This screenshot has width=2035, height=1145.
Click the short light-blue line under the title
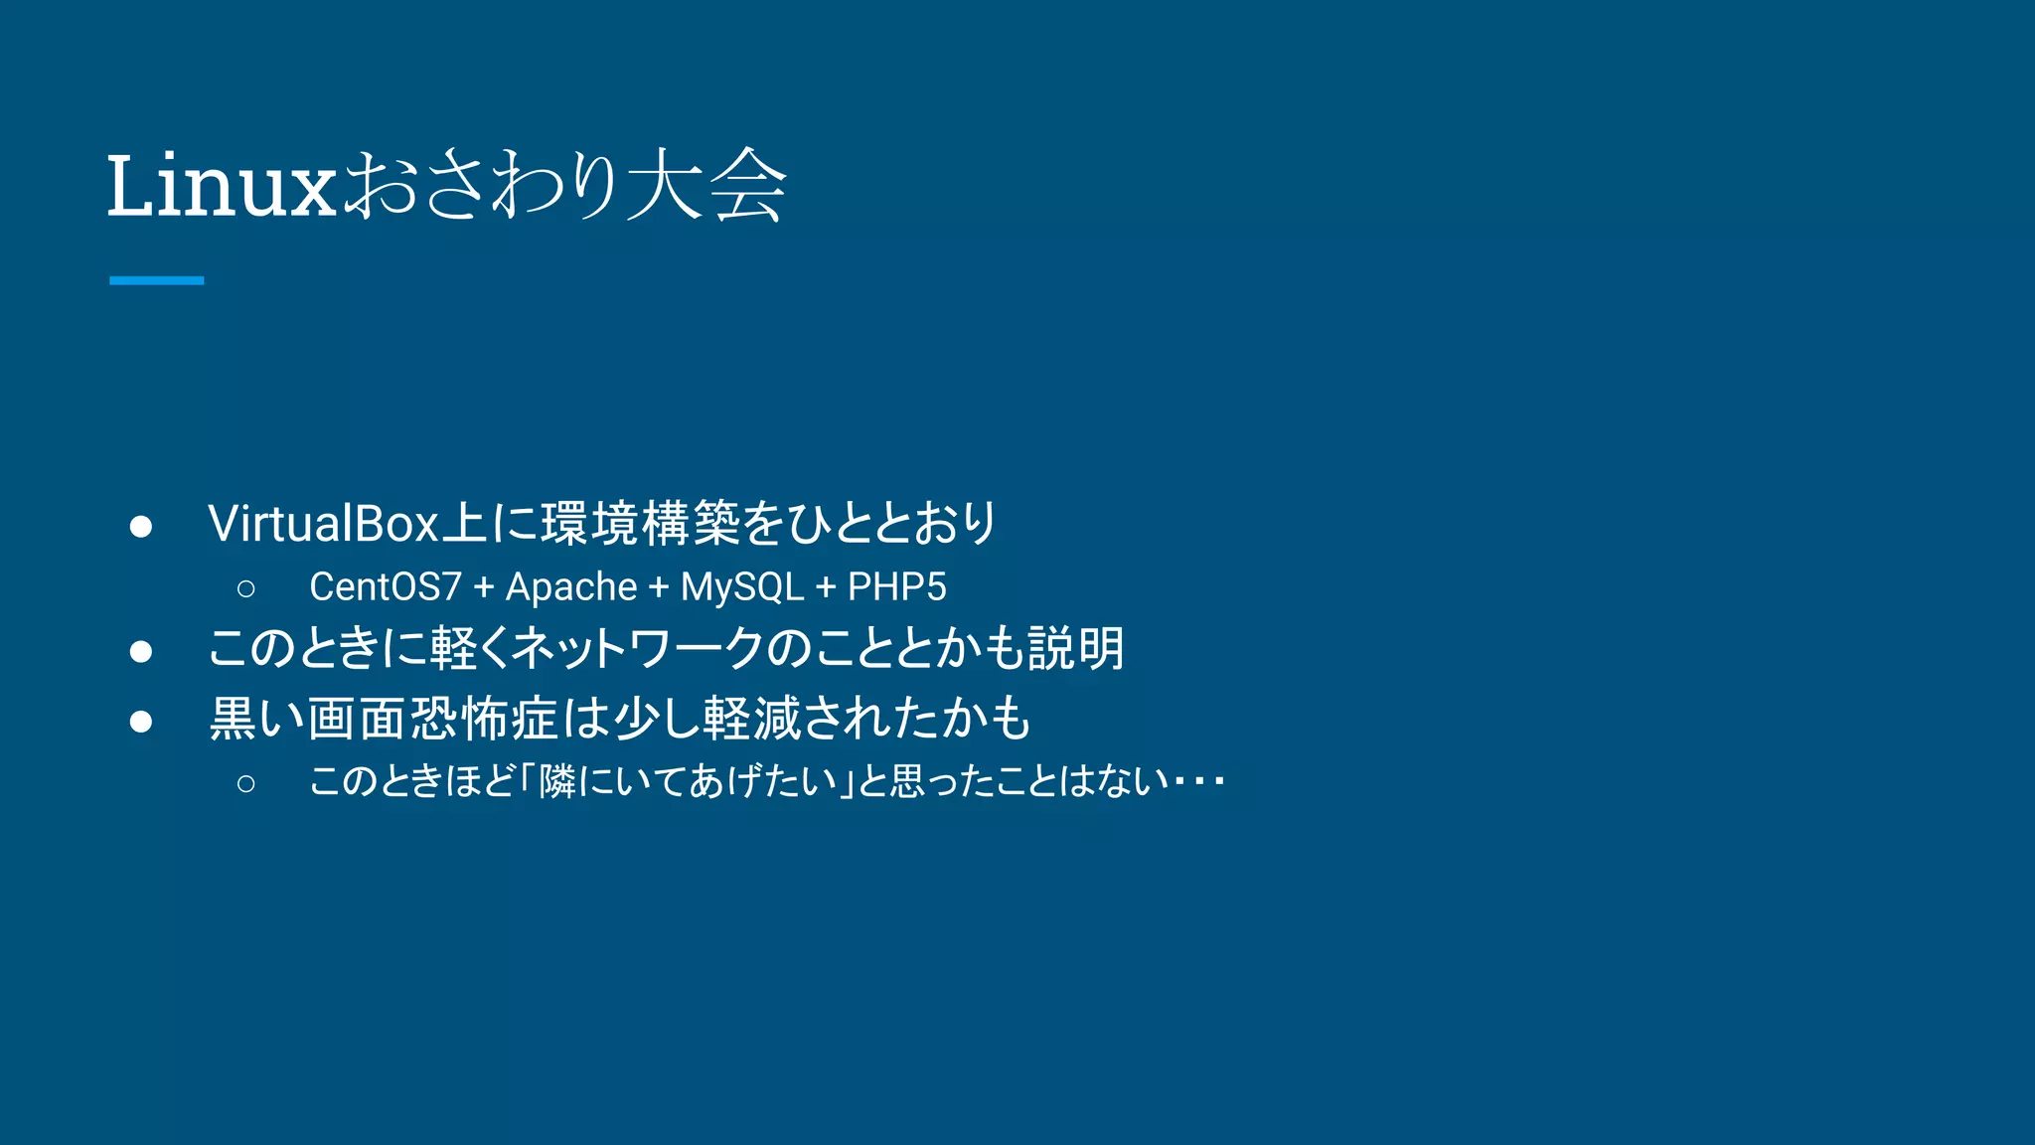pos(156,280)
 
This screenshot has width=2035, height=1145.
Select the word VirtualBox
pos(323,524)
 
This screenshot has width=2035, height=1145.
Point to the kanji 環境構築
pos(641,524)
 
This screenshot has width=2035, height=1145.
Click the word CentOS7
pos(386,587)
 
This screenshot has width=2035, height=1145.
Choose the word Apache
pos(571,587)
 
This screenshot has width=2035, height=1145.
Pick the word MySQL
pos(741,587)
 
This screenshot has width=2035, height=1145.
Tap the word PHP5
pos(896,587)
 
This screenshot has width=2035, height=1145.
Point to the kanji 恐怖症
pos(484,719)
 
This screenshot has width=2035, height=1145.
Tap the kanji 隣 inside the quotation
pos(557,782)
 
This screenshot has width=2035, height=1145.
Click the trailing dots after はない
pos(1198,782)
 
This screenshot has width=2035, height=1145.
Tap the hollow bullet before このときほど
pos(246,784)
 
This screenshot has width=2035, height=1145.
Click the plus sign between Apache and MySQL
pos(658,587)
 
